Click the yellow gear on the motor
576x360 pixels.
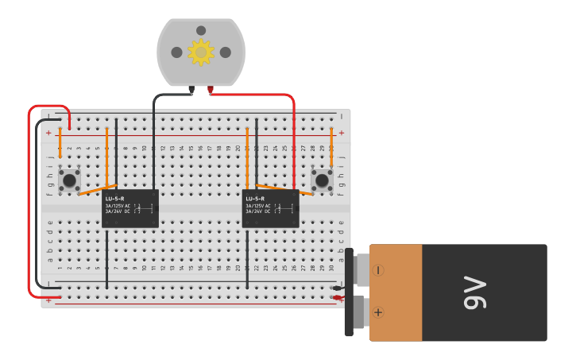point(201,52)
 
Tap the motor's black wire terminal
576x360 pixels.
point(191,90)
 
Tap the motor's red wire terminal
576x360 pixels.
point(211,90)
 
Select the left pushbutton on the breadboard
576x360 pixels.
point(69,180)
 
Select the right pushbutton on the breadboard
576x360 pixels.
point(322,180)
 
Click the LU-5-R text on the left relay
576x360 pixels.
point(115,199)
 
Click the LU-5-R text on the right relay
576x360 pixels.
point(255,199)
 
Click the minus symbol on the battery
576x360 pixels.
point(378,270)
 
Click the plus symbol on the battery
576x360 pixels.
point(378,312)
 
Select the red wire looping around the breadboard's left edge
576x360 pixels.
point(29,207)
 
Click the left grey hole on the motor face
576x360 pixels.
point(176,52)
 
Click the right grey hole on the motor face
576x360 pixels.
point(226,52)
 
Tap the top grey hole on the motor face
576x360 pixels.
point(201,31)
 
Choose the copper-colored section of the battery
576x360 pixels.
point(396,292)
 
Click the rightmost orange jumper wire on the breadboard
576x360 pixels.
point(331,147)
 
